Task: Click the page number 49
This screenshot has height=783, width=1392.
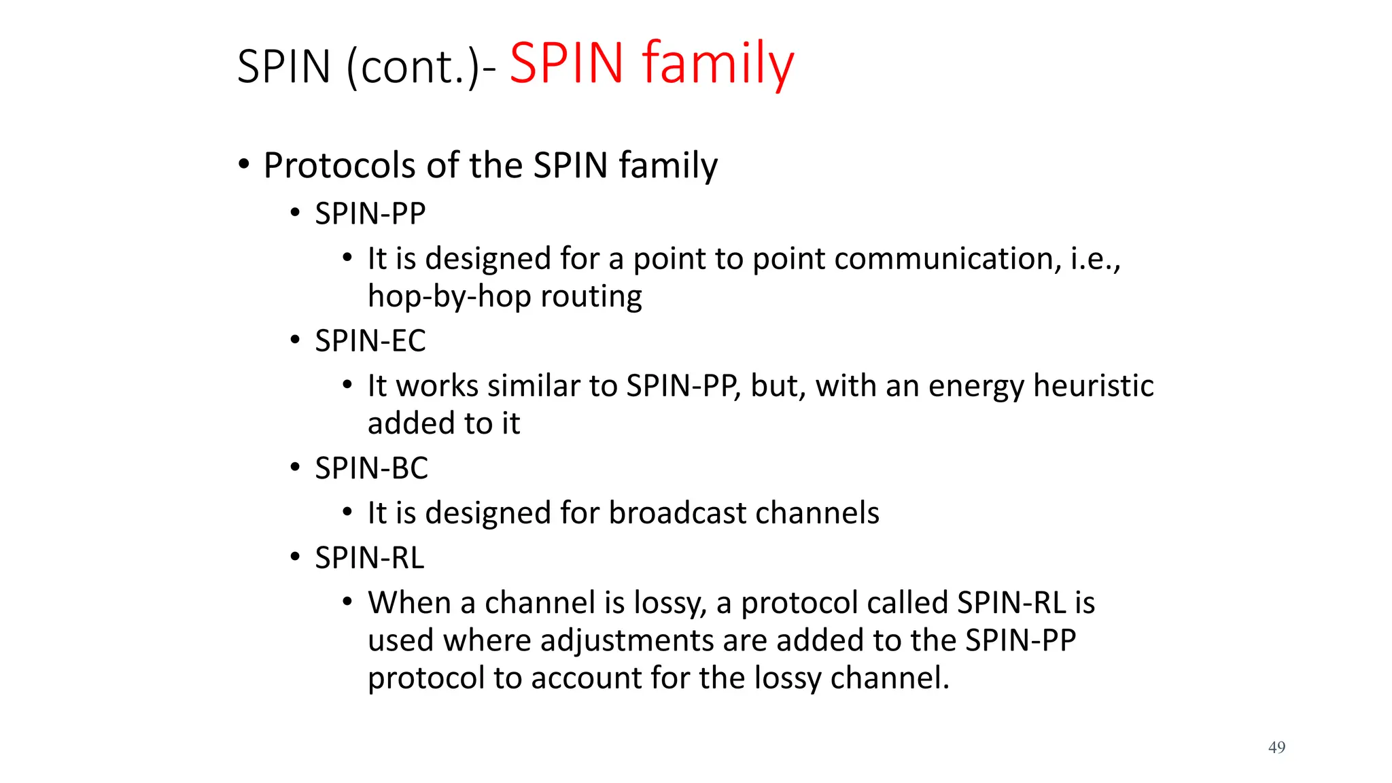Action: tap(1276, 747)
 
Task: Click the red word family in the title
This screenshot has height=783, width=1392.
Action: tap(718, 64)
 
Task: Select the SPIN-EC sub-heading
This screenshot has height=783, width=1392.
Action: tap(370, 341)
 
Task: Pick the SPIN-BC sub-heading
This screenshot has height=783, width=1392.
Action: tap(371, 468)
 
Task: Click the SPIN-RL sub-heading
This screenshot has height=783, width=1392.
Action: tap(369, 557)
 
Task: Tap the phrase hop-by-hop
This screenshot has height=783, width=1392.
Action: tap(449, 296)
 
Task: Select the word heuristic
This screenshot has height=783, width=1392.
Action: tap(1093, 385)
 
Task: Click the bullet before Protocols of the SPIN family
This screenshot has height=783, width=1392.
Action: tap(243, 164)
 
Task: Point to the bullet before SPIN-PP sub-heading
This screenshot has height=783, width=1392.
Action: tap(294, 213)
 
